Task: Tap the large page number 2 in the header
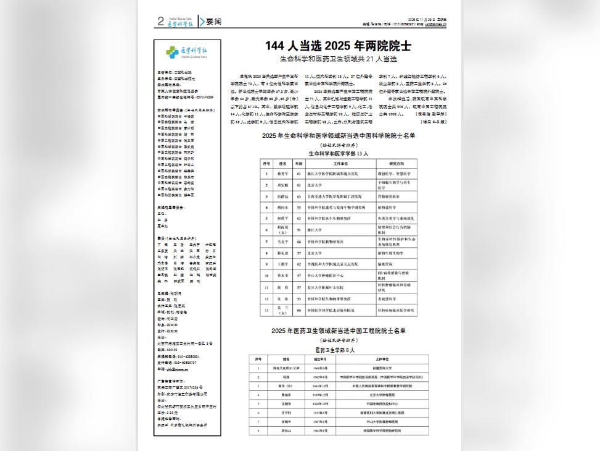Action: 161,22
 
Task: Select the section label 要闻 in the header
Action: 213,22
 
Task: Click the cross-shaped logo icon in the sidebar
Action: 173,53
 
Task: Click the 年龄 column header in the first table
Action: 298,164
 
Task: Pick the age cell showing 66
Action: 298,242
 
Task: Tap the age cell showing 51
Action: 298,229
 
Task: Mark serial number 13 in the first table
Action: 266,310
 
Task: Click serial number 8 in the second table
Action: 259,431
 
